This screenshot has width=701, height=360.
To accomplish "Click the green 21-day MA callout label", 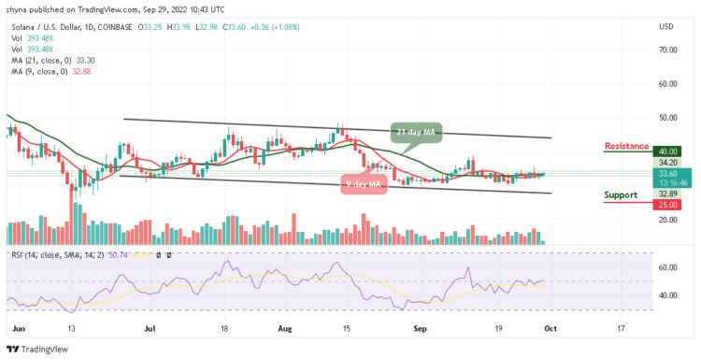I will pos(415,132).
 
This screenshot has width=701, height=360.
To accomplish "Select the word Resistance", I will pos(627,146).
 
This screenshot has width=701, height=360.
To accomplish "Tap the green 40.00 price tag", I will pos(667,151).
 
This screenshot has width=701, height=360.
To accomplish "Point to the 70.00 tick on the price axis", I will pos(667,50).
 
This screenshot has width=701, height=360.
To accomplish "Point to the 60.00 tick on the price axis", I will pos(667,83).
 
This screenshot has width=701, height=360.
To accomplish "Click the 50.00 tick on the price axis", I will pos(667,118).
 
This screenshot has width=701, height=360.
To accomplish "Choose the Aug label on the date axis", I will pos(284,328).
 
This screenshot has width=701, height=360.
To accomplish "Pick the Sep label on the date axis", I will pos(420,328).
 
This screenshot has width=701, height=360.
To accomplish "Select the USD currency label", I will pos(666,25).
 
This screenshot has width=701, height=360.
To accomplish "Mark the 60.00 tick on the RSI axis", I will pos(667,267).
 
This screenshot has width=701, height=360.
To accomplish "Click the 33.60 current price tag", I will pos(667,172).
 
